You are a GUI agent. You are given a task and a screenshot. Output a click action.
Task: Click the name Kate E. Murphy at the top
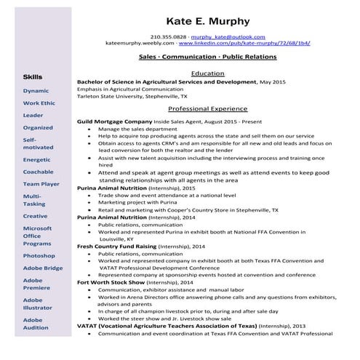207,20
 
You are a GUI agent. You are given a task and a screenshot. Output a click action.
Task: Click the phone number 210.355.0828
169,36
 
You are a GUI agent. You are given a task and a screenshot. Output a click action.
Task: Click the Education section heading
207,73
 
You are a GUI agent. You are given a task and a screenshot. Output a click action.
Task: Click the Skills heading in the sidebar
32,76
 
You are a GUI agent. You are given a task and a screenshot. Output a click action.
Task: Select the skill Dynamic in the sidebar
36,91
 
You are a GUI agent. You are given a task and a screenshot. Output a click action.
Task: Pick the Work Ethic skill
39,103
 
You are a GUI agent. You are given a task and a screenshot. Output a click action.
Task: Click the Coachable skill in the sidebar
38,172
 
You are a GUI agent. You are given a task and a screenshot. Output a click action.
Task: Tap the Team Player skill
41,185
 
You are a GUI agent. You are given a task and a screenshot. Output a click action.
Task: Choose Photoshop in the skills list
39,256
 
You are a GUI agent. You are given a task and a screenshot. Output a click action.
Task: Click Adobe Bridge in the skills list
43,268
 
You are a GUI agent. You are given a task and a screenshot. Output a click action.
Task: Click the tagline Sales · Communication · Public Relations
207,56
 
